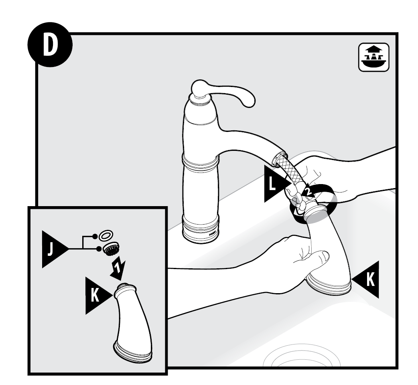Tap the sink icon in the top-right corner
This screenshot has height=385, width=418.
click(x=374, y=57)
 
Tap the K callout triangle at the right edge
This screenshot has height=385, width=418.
click(x=367, y=280)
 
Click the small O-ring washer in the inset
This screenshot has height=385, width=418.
click(x=106, y=235)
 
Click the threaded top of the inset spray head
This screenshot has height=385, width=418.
click(x=126, y=286)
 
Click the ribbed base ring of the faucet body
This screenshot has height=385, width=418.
click(x=201, y=229)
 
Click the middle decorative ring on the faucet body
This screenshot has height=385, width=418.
click(x=201, y=162)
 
